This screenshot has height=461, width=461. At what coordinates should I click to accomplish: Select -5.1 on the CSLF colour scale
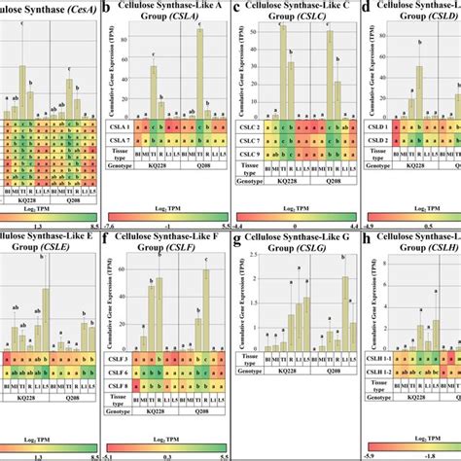click(110, 452)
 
